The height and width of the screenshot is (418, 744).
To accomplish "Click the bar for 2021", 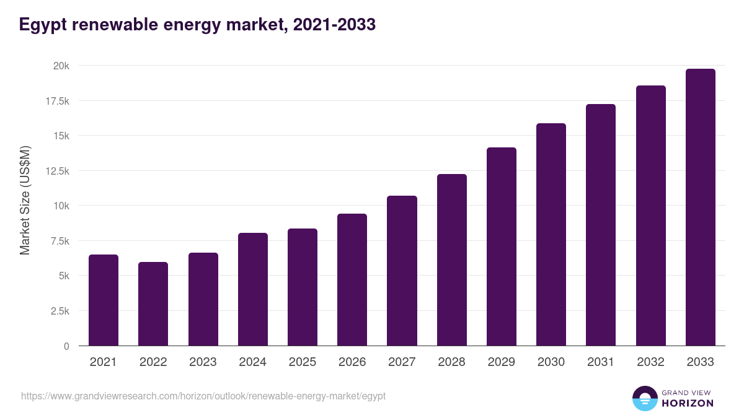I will (x=104, y=300).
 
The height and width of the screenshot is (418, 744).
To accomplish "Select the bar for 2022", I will (x=153, y=304).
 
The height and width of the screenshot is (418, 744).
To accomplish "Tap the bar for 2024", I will (x=253, y=289).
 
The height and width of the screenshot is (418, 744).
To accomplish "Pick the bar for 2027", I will (x=402, y=271).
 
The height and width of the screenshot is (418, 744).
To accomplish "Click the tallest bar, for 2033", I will (x=701, y=207).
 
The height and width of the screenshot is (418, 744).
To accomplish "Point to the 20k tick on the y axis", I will (x=60, y=66).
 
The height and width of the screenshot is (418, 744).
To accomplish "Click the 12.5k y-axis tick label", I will (x=56, y=171).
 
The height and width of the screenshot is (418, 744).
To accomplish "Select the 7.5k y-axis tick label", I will (x=58, y=241).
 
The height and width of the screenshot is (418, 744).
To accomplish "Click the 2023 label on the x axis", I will (x=203, y=362).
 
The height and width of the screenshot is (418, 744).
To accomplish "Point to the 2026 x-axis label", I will (x=352, y=362).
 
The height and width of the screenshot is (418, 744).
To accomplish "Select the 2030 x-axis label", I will (x=551, y=362).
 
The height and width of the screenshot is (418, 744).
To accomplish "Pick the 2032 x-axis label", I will (x=650, y=362).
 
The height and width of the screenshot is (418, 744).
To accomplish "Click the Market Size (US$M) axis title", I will (x=25, y=200).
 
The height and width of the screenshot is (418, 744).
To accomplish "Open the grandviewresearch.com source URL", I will (x=203, y=396).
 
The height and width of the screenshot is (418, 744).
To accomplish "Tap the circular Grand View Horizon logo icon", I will (x=644, y=398).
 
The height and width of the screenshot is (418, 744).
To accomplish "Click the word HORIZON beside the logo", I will (x=688, y=403).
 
